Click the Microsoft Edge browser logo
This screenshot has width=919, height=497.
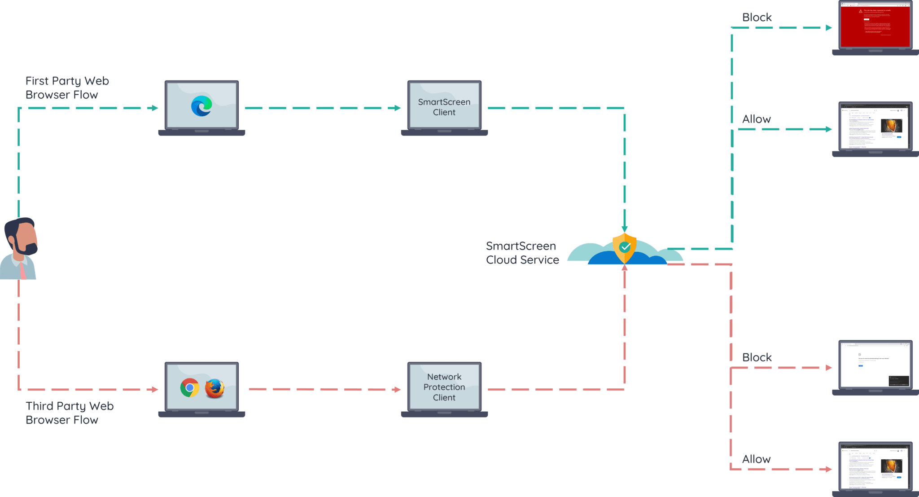pos(201,106)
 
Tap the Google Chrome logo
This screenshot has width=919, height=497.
pos(189,387)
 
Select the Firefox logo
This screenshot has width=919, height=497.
pos(214,388)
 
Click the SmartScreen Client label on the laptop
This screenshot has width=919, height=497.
pos(444,107)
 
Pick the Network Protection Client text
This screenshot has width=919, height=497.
pos(444,387)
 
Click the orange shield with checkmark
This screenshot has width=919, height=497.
pos(625,247)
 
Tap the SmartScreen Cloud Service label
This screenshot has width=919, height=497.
pos(522,253)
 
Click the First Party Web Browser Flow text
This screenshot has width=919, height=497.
pos(67,88)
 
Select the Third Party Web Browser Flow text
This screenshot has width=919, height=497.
pos(69,413)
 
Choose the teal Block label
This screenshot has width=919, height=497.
pos(757,18)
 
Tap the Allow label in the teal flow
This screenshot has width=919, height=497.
pos(756,119)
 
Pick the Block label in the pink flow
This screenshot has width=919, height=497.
pos(757,357)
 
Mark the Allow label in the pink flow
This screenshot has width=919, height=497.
pos(756,459)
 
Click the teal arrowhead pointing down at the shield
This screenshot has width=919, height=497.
pos(625,229)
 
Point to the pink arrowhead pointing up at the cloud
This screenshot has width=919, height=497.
pos(625,268)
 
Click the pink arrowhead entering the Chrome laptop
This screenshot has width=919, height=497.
pos(155,389)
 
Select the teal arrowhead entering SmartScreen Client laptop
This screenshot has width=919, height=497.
pos(397,108)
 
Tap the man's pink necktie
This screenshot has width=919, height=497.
pos(22,271)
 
